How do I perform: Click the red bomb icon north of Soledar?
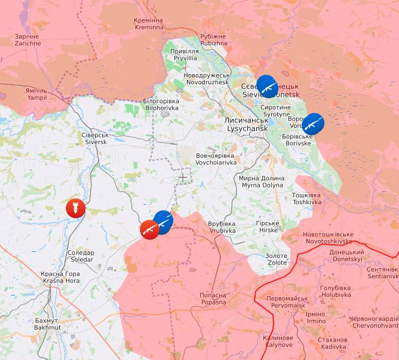point(75,208)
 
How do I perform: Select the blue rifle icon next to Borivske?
point(313,124)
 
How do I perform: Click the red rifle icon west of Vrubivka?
point(149,229)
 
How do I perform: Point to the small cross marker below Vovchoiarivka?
point(182,177)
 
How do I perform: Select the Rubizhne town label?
point(214,39)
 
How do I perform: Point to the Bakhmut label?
point(48,324)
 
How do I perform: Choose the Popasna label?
point(213,299)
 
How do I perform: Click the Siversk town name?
point(96,139)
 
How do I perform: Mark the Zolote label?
point(277,259)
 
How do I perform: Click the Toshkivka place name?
point(306,198)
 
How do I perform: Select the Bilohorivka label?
point(161,104)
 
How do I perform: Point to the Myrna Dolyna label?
point(261,181)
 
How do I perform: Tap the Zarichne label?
point(28,39)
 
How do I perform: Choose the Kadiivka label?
point(333,343)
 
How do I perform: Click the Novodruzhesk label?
point(206,78)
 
